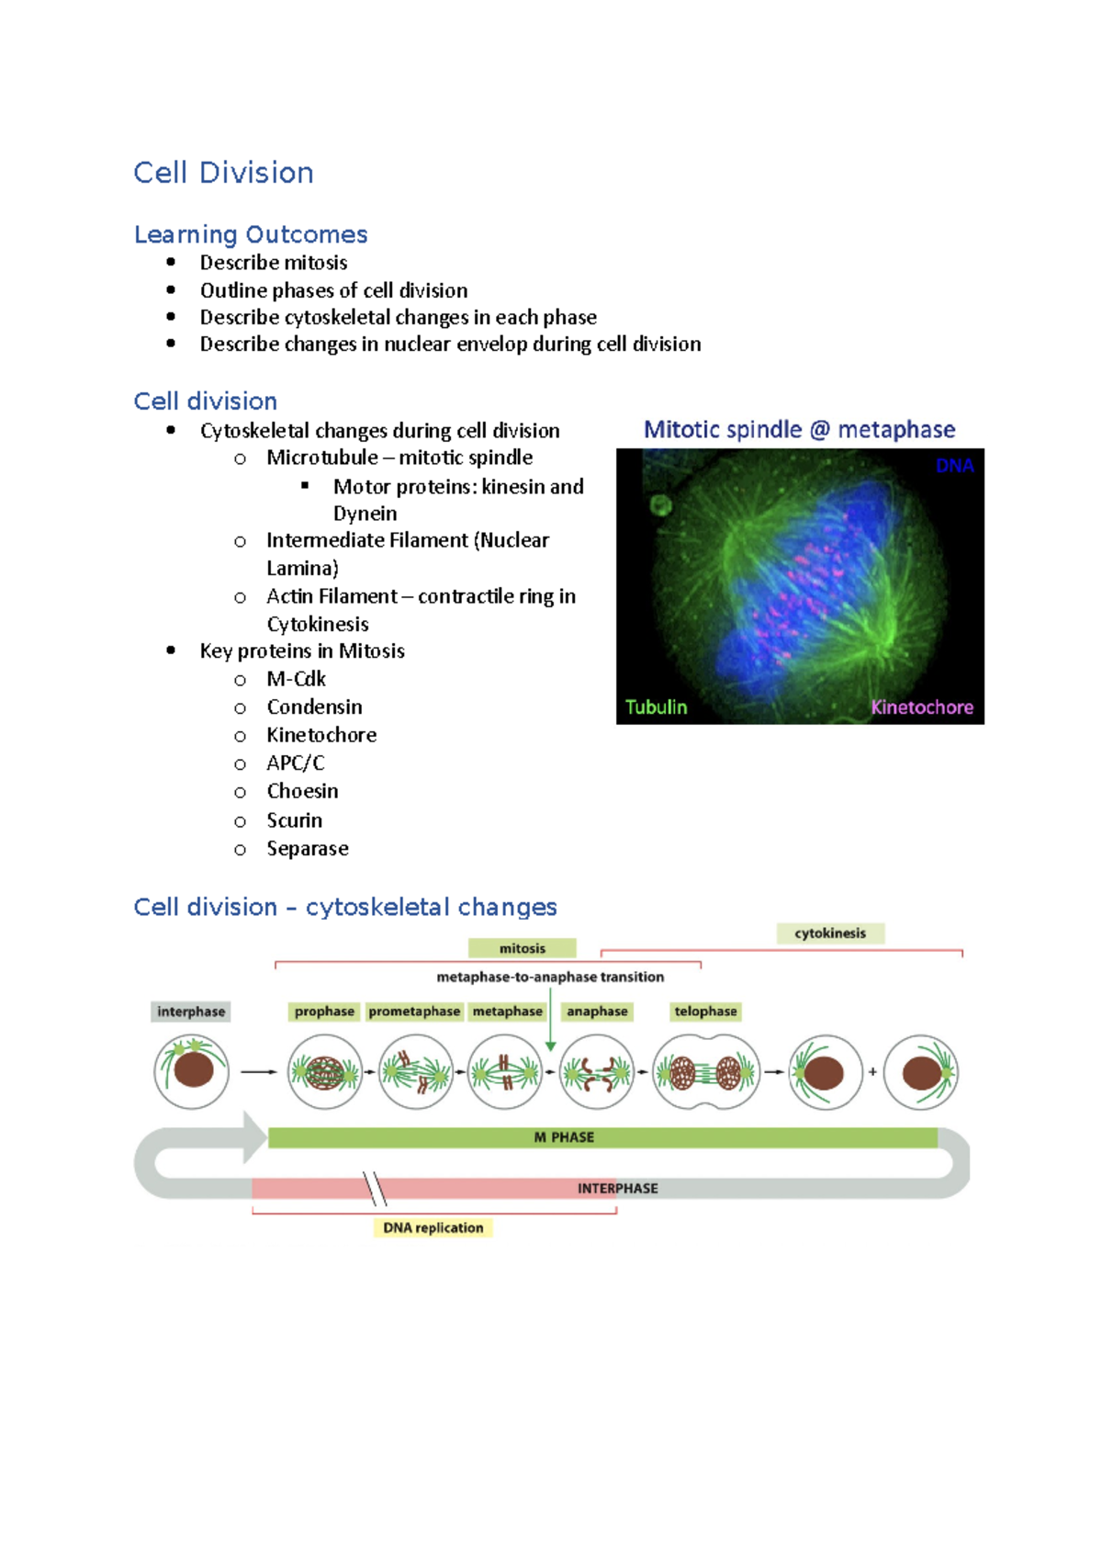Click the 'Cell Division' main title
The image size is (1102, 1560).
coord(223,173)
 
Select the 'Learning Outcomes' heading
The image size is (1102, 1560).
coord(251,234)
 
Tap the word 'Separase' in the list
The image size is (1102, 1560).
coord(308,849)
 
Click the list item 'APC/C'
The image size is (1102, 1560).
coord(296,763)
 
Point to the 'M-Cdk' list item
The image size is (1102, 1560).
coord(296,679)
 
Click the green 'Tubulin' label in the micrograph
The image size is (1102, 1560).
coord(656,707)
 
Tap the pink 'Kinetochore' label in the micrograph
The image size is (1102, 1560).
coord(921,707)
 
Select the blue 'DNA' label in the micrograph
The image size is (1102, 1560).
coord(954,466)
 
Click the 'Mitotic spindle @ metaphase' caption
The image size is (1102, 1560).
coord(799,429)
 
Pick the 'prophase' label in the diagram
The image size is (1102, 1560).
coord(324,1012)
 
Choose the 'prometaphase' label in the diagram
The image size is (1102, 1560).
coord(414,1012)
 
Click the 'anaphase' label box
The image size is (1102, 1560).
coord(597,1012)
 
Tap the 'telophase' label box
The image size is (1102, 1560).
coord(705,1012)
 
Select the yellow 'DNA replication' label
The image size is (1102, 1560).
coord(433,1228)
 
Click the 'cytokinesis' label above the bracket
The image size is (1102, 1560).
coord(830,933)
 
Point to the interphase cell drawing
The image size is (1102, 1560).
coord(191,1071)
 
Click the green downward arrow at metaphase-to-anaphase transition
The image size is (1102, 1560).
coord(550,1044)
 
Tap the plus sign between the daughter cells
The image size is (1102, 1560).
coord(872,1071)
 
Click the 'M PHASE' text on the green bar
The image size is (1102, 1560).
coord(564,1137)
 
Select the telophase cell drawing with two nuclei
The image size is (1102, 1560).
coord(705,1072)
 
